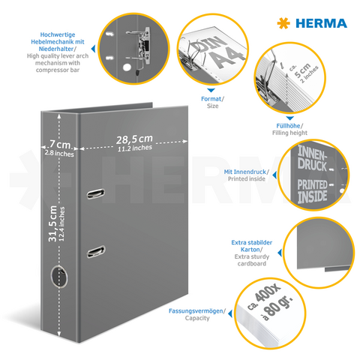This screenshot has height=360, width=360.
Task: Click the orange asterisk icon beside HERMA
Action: (283, 23)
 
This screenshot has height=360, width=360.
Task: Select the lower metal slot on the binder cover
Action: (95, 251)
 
